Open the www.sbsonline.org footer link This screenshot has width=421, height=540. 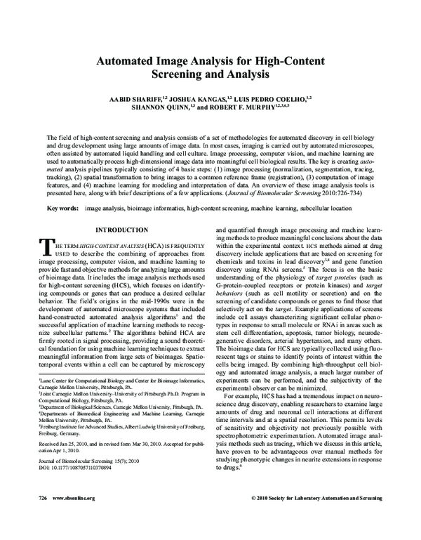70,517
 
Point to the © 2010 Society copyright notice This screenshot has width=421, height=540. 316,517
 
